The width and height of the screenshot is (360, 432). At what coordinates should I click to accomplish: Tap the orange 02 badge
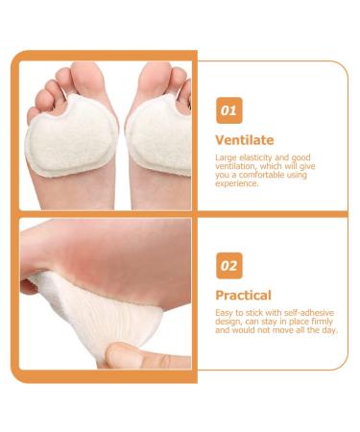(x=228, y=264)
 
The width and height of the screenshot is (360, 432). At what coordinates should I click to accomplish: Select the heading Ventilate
(x=244, y=140)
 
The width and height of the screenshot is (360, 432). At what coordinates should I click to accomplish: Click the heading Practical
(x=244, y=295)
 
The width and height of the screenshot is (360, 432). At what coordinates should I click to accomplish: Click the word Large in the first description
(x=226, y=157)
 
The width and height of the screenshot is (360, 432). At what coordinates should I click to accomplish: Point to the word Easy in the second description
(x=225, y=313)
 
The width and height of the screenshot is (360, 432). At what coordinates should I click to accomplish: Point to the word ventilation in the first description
(x=236, y=166)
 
